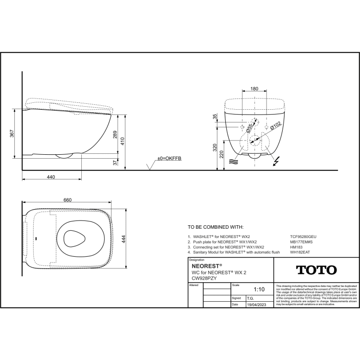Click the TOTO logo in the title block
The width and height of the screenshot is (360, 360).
[x=315, y=270]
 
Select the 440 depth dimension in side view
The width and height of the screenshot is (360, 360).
[x=51, y=177]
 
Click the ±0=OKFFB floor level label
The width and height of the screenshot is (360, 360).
[x=169, y=159]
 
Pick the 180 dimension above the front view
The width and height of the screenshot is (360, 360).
[x=254, y=89]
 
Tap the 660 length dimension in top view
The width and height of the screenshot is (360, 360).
[x=68, y=200]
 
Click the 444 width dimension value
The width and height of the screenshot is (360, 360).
[x=124, y=239]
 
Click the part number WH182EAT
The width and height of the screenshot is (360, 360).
[x=300, y=253]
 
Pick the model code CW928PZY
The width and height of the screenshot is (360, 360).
[x=204, y=278]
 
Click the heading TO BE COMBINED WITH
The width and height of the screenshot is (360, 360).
[x=216, y=227]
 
